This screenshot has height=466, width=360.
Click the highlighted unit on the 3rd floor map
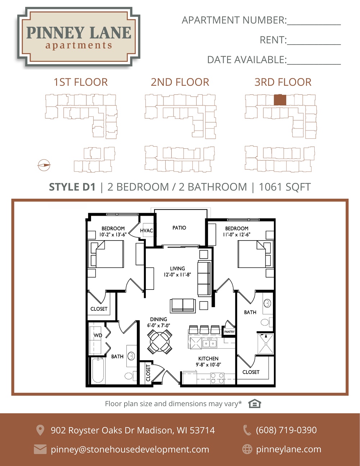click(x=280, y=100)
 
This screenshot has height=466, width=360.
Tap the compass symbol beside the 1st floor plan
click(x=44, y=165)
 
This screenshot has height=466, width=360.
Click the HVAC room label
click(x=147, y=230)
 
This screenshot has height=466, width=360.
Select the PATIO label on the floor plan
click(x=179, y=228)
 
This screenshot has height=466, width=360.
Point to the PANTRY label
click(x=229, y=332)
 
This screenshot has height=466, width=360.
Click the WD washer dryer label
click(x=98, y=335)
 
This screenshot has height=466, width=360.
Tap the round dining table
click(x=159, y=342)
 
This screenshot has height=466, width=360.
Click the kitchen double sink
click(x=210, y=344)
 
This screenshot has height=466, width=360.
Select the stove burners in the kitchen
click(x=217, y=378)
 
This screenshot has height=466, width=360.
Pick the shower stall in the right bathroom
click(x=266, y=344)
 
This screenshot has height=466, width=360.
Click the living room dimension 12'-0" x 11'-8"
click(x=177, y=274)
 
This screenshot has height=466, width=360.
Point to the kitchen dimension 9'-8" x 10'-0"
click(x=208, y=364)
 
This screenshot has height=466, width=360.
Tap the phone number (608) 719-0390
click(x=286, y=430)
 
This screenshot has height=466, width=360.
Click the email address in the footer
click(x=130, y=449)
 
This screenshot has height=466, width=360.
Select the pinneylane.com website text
click(x=289, y=449)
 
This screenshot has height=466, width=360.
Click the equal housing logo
click(x=255, y=404)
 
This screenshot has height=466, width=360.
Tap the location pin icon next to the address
click(x=40, y=430)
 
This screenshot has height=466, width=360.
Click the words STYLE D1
click(x=72, y=187)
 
